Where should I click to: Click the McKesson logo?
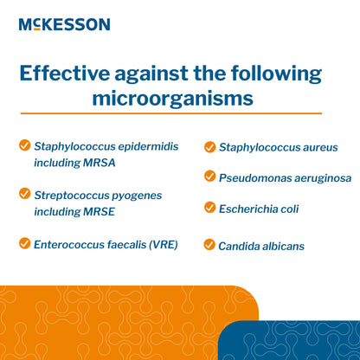[64, 24]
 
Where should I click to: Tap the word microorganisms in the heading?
[173, 98]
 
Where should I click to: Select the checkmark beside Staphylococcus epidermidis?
[24, 145]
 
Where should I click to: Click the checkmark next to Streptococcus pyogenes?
[24, 195]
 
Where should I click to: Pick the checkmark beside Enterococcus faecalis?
[24, 244]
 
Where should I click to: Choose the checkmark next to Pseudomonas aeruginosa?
[209, 177]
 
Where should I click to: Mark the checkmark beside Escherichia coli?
[209, 208]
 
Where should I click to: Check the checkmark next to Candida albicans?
[209, 245]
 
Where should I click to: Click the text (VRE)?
[161, 245]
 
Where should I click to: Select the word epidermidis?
[147, 146]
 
